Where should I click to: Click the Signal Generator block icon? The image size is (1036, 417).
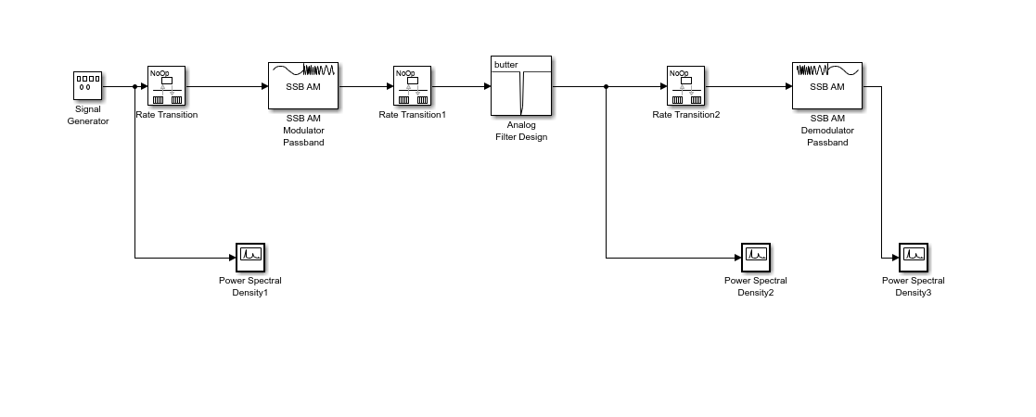[88, 86]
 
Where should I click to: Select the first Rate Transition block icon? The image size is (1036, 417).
[166, 86]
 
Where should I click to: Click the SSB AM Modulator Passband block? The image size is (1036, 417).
[303, 86]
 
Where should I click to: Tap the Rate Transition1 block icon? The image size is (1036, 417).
[412, 86]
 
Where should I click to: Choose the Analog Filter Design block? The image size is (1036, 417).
[520, 86]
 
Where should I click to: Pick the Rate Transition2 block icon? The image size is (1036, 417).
[685, 86]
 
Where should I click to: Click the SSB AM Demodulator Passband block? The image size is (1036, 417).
[826, 86]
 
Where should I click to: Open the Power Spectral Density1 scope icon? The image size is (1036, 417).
[250, 257]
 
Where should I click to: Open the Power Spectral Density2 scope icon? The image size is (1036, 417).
[755, 257]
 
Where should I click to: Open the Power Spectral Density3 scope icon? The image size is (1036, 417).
[913, 257]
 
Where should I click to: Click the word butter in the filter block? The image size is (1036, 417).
[506, 65]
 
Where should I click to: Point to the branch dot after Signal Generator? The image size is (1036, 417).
[135, 86]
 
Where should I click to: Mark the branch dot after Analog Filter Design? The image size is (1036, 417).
[606, 86]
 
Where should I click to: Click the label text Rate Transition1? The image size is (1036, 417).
[412, 115]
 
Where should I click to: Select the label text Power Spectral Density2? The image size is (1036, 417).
[755, 286]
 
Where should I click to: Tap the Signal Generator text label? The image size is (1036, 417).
[88, 115]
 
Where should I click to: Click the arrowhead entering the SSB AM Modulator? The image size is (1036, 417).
[263, 86]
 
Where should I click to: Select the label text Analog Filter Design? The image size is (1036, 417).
[520, 131]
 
